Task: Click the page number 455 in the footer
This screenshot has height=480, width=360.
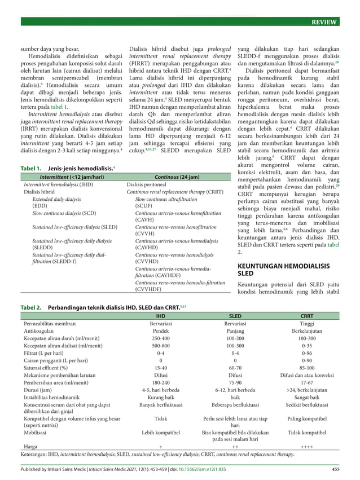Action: [335, 469]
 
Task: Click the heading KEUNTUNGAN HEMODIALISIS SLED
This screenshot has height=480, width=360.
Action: [285, 268]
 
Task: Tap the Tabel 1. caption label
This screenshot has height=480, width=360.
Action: [31, 168]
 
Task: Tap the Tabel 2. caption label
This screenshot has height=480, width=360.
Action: [31, 308]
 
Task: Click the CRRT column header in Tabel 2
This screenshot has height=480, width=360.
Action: [307, 317]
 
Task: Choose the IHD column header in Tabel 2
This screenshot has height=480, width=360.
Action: [161, 317]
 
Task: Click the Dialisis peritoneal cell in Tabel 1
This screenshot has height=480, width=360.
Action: [148, 184]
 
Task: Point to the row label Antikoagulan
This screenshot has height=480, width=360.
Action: [41, 332]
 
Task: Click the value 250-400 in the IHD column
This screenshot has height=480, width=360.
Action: [161, 340]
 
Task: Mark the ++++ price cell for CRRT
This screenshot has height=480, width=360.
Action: [307, 446]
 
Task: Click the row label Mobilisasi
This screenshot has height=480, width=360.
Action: [38, 432]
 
